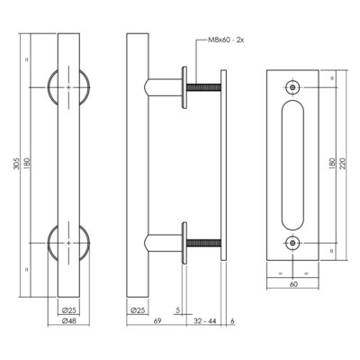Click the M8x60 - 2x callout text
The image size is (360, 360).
226,40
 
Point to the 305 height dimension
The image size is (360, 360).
17,164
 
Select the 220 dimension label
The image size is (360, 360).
343,164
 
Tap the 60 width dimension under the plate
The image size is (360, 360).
293,284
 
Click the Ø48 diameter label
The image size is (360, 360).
69,320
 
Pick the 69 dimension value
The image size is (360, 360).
157,320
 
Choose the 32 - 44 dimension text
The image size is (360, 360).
205,320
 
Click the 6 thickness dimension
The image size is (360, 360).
232,320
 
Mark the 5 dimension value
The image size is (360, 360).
178,310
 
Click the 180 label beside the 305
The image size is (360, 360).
27,164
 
